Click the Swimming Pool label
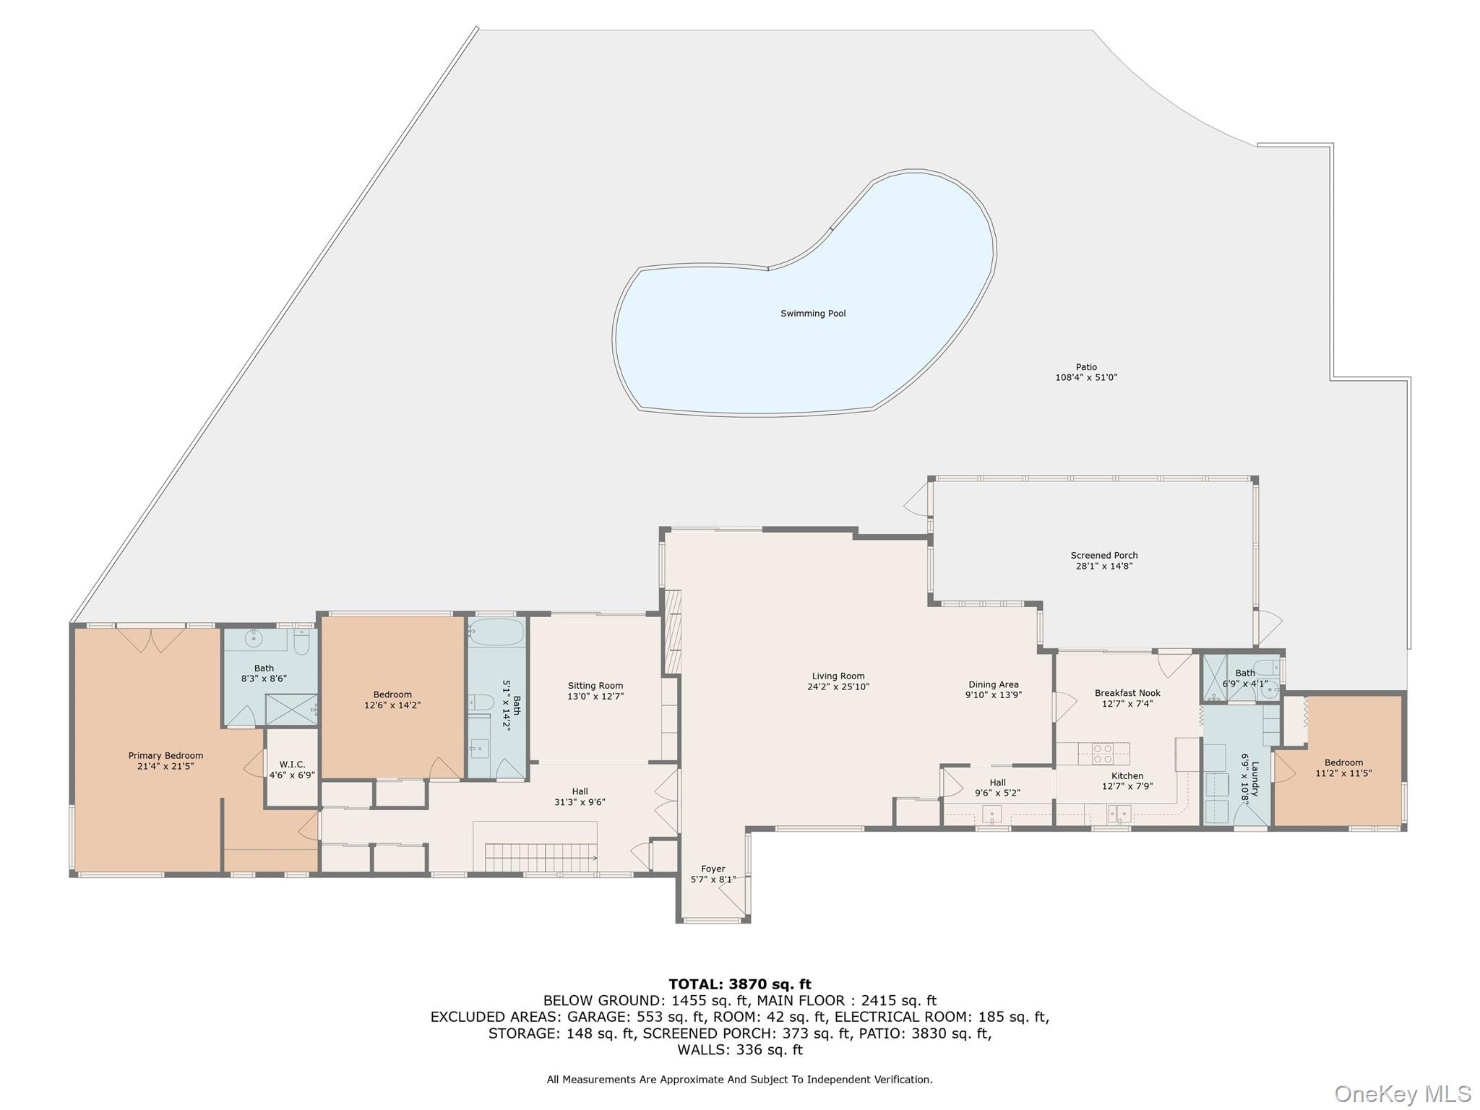click(812, 314)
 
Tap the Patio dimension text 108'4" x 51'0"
click(1085, 377)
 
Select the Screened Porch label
click(1103, 556)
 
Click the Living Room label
click(838, 676)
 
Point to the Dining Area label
click(993, 684)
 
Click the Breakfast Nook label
click(1127, 693)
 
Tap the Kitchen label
click(1127, 776)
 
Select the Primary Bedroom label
click(165, 756)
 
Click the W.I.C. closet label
click(292, 765)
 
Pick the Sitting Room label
click(595, 686)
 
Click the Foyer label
click(713, 869)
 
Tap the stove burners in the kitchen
click(1103, 754)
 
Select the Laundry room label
click(1255, 779)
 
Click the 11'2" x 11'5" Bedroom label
click(1343, 762)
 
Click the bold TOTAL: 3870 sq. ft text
click(739, 984)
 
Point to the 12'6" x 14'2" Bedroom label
click(392, 694)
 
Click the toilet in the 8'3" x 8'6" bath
click(301, 641)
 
